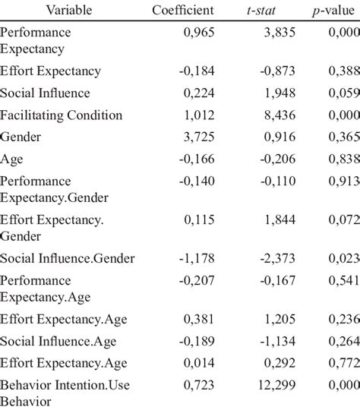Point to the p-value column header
click(337, 10)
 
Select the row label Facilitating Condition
click(62, 115)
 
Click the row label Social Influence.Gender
click(68, 258)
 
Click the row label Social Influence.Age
click(58, 341)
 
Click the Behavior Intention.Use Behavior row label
click(65, 393)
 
